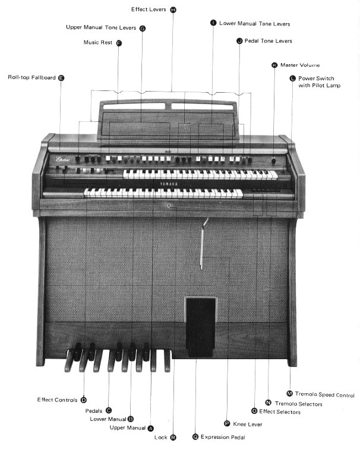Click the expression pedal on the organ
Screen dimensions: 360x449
point(201,327)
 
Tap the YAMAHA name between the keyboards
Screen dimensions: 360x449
point(169,184)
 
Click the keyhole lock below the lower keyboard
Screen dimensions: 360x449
point(169,205)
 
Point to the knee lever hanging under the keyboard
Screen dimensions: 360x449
point(204,244)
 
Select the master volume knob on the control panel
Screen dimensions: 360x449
point(273,162)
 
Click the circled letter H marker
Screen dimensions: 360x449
point(173,10)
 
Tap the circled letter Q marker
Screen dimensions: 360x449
point(195,437)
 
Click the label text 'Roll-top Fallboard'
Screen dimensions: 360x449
point(31,77)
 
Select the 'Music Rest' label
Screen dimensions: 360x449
point(98,42)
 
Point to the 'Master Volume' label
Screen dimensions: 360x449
point(300,65)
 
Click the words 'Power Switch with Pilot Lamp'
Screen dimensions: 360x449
point(319,82)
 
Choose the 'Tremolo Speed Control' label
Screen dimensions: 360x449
point(324,394)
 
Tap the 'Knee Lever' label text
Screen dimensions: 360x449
point(247,424)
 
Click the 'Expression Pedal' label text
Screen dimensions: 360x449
point(223,437)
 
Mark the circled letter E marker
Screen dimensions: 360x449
point(61,77)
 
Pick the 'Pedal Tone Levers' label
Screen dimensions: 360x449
point(268,41)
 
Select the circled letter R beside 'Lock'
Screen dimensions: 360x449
point(173,438)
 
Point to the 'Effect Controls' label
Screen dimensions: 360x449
point(57,400)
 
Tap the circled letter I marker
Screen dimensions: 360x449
point(213,23)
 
